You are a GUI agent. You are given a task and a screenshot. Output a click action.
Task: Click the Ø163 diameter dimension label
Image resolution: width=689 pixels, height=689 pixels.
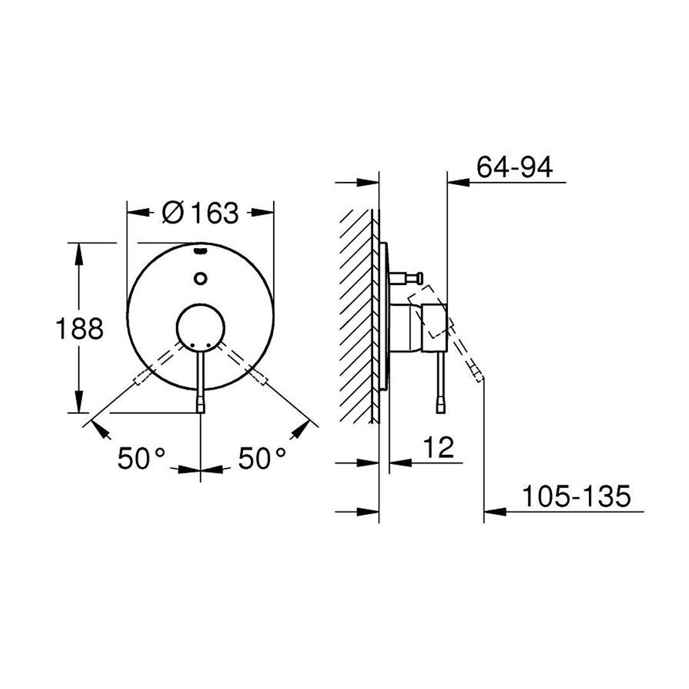click(200, 212)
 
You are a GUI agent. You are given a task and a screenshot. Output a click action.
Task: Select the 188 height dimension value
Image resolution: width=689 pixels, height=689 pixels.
click(80, 329)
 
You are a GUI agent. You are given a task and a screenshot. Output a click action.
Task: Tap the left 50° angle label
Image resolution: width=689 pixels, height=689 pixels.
click(141, 458)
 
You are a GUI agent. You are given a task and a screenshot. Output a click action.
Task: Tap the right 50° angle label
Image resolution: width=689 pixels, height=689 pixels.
click(262, 458)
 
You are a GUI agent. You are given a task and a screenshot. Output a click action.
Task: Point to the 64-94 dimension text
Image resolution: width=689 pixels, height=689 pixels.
click(515, 167)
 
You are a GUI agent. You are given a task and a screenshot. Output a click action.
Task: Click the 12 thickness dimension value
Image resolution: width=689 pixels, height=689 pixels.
click(438, 447)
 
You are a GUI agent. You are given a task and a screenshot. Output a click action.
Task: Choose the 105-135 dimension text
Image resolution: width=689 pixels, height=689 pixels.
click(576, 496)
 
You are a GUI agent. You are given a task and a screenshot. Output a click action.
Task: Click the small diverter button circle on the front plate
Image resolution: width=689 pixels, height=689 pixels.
click(200, 278)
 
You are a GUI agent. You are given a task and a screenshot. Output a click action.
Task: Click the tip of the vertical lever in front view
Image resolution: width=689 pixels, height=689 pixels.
click(200, 409)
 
